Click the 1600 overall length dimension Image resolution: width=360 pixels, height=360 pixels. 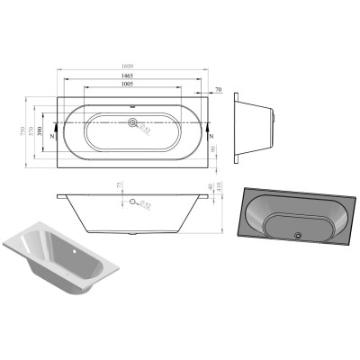(x=132, y=67)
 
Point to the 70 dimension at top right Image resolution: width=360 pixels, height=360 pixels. (x=218, y=89)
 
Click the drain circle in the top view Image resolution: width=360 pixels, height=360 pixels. (x=134, y=124)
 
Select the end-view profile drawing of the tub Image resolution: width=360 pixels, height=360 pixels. (x=256, y=125)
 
